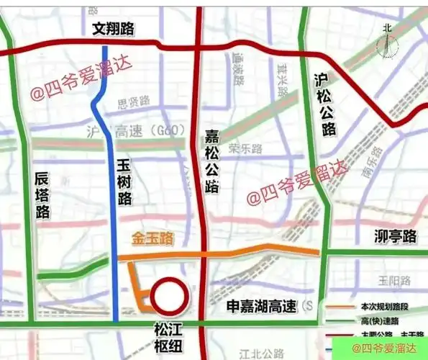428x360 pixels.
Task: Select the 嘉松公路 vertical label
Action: pyautogui.click(x=212, y=162)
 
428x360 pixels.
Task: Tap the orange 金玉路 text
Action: pyautogui.click(x=153, y=237)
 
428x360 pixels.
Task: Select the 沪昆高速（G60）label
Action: pyautogui.click(x=136, y=132)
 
